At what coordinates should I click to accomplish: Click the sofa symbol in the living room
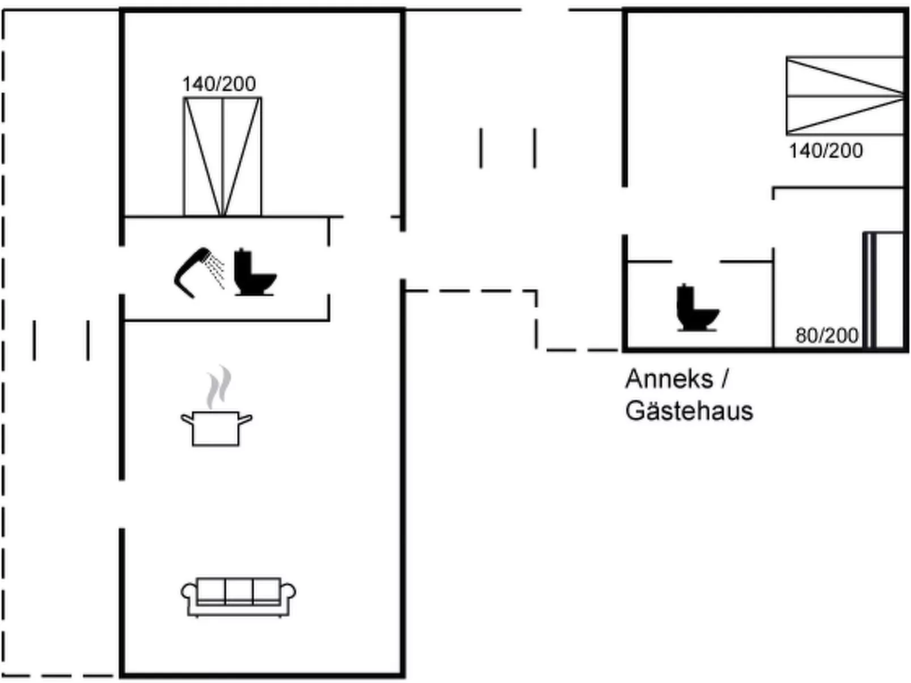(x=238, y=597)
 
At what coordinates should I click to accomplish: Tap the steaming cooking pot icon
(x=216, y=419)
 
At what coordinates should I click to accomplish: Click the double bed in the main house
(x=222, y=157)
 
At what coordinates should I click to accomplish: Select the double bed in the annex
(x=844, y=96)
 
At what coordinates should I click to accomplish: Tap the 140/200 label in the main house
(x=219, y=84)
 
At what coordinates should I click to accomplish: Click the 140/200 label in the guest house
(x=826, y=151)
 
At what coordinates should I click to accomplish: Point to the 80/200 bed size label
(x=826, y=336)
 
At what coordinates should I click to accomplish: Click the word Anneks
(x=669, y=379)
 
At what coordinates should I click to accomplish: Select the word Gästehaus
(x=689, y=411)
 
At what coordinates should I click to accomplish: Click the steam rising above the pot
(x=219, y=387)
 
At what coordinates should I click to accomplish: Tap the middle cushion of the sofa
(x=239, y=591)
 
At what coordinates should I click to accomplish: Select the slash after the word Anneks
(x=724, y=379)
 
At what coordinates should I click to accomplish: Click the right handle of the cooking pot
(x=246, y=419)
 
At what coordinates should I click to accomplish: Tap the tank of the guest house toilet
(x=686, y=297)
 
